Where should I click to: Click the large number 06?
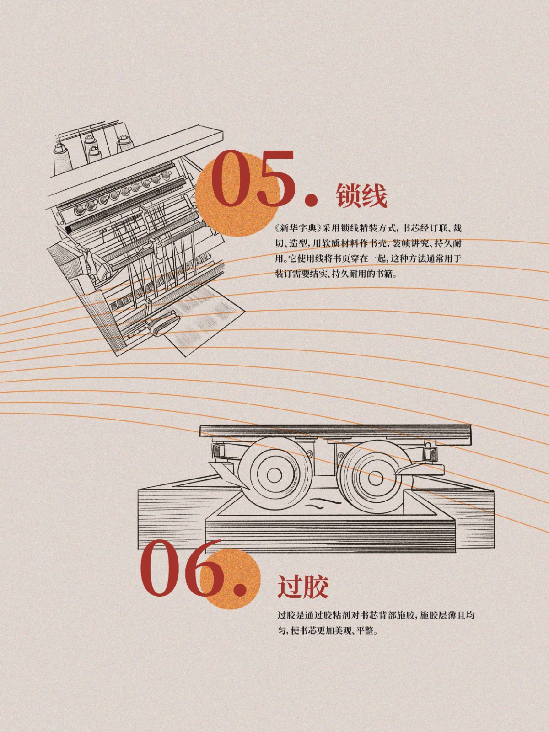(182, 560)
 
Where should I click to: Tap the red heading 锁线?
(362, 195)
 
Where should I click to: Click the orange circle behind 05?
(236, 195)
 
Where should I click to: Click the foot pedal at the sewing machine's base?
(164, 323)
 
